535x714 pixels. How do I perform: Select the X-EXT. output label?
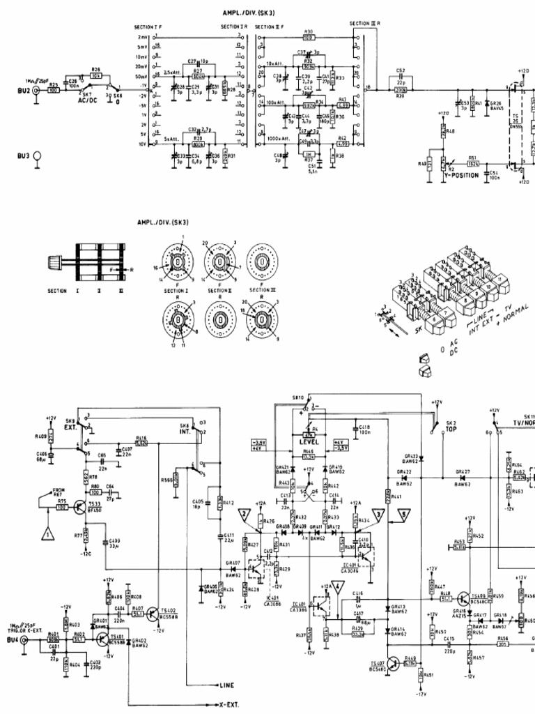point(229,704)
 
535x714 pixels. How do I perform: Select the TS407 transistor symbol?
point(395,663)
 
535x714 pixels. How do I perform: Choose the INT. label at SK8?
point(185,433)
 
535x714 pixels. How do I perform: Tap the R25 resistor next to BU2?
point(52,90)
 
